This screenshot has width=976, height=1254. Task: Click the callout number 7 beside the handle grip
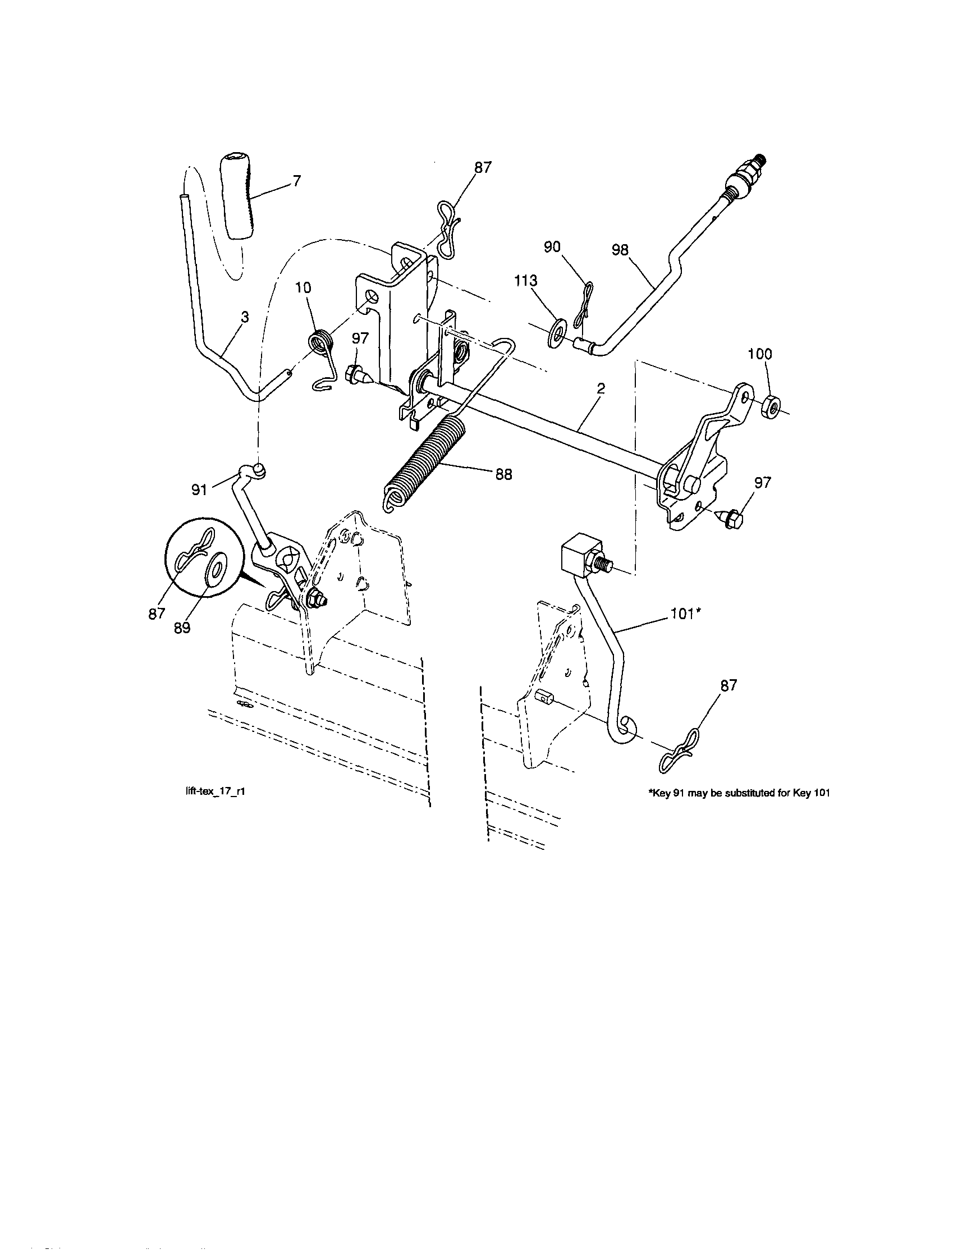(296, 182)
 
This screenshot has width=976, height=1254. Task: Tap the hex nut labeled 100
(770, 408)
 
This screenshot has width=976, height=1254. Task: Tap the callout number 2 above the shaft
(601, 388)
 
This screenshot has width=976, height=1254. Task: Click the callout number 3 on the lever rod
(245, 317)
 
